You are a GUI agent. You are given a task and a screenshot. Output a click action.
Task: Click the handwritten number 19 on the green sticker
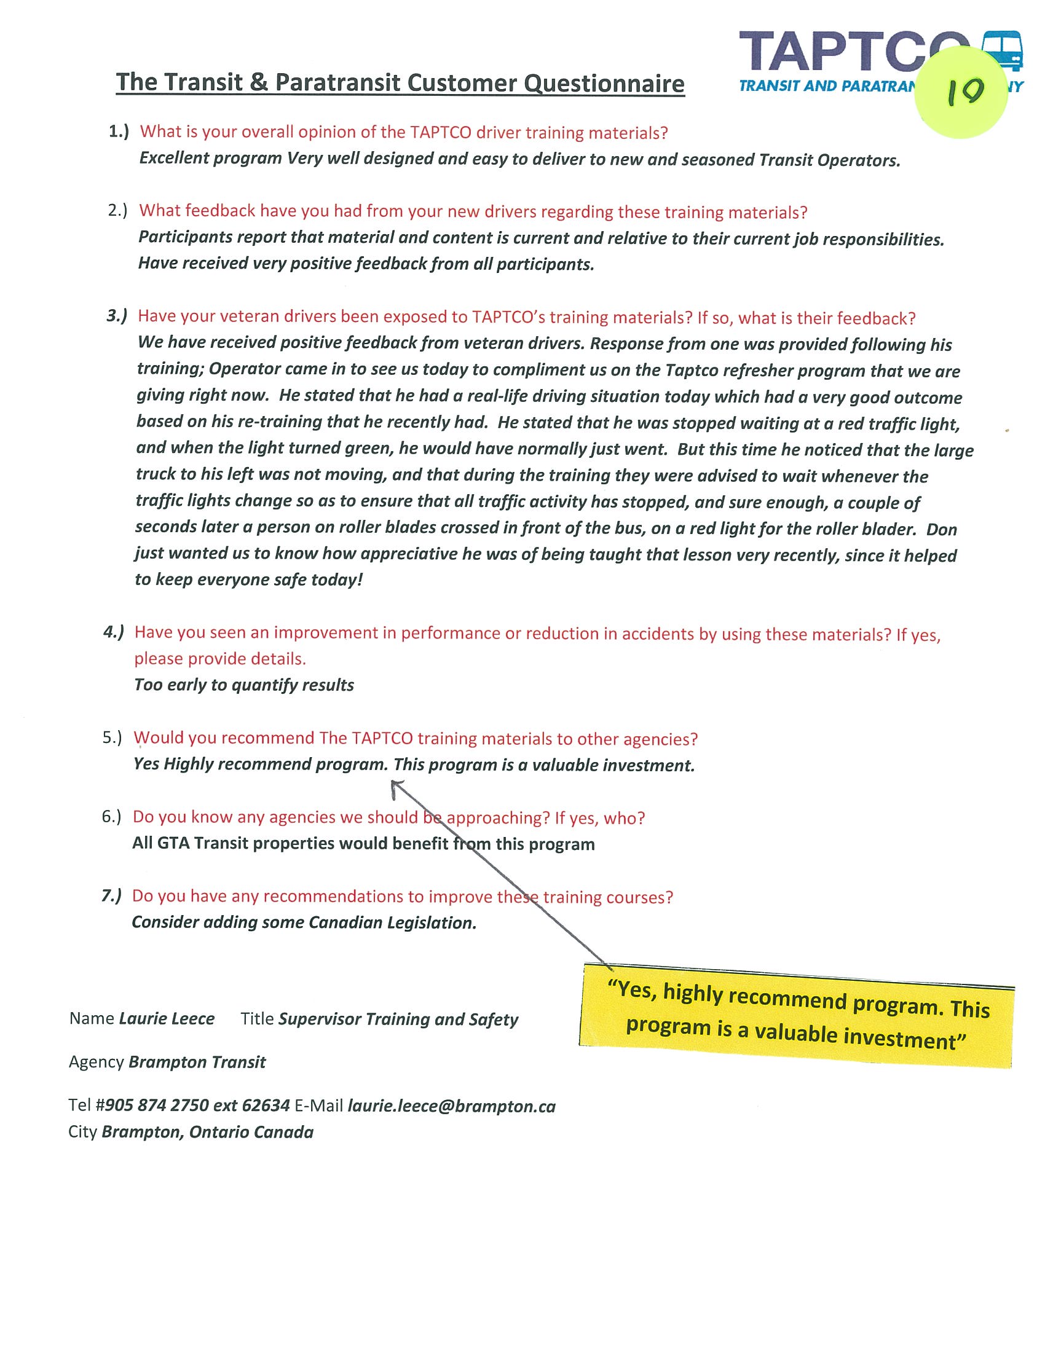click(x=964, y=92)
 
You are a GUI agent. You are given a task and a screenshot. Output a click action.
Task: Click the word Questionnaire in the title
click(x=604, y=83)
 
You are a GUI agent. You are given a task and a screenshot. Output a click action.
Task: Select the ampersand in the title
click(x=259, y=82)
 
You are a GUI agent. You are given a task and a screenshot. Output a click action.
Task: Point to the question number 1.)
click(x=119, y=132)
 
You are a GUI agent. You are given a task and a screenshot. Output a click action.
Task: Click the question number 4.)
click(x=114, y=632)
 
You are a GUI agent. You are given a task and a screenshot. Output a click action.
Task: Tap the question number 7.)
click(x=112, y=896)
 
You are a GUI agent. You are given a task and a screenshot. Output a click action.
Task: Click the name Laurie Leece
click(x=167, y=1018)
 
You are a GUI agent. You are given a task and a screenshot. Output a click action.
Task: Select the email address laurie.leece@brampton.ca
click(x=451, y=1106)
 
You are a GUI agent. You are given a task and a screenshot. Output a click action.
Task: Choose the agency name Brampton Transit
click(x=197, y=1063)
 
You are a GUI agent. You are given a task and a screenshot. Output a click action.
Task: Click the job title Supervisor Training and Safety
click(x=398, y=1019)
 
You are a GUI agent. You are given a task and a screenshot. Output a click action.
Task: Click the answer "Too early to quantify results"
click(x=244, y=685)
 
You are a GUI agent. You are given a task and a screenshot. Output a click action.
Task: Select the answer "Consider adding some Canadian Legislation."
click(x=304, y=922)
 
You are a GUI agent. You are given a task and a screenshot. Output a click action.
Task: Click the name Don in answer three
click(x=942, y=529)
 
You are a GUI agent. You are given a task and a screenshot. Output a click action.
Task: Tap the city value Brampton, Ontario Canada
click(x=207, y=1132)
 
